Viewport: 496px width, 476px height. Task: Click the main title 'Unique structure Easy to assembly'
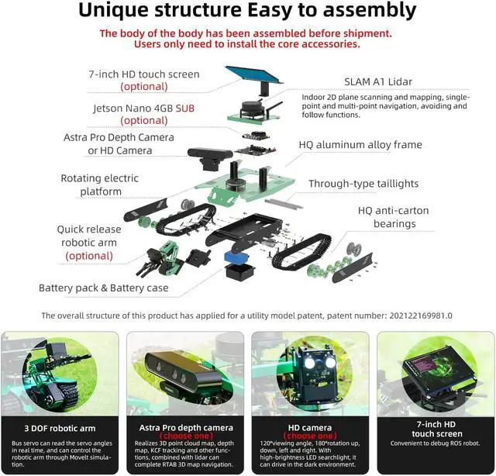pos(247,12)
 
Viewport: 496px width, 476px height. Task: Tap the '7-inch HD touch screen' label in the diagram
pos(143,74)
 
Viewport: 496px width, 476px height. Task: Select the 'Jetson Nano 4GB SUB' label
pos(144,108)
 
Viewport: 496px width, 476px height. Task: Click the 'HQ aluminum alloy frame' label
pos(360,144)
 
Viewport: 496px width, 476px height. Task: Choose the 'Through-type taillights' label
pos(363,184)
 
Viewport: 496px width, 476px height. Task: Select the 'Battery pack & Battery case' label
pos(103,288)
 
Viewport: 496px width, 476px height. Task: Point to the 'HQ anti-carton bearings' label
pos(392,217)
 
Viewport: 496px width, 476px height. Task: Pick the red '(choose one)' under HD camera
pos(310,436)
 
